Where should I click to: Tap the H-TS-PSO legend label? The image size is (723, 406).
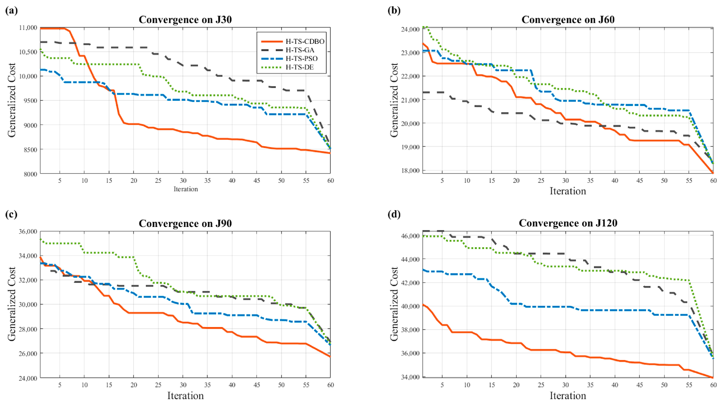coord(301,59)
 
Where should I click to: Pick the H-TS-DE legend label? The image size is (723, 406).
coord(299,67)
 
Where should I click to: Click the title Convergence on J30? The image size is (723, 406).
coord(185,20)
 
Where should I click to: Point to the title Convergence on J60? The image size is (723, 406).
coord(568,20)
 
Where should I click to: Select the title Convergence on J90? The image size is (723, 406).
coord(185,223)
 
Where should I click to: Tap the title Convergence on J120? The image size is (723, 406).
coord(568,223)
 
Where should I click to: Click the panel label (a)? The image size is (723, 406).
coord(11,11)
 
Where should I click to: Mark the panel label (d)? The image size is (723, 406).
coord(394,214)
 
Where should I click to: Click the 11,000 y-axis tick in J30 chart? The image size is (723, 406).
coord(28,28)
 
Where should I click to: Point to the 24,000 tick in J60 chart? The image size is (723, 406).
coord(410,29)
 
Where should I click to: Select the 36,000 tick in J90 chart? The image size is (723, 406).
coord(28,231)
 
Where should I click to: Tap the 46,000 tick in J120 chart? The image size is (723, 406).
coord(410,236)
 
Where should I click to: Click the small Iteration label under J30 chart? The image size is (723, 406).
coord(186,189)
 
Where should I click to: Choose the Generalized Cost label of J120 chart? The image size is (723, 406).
coord(394,304)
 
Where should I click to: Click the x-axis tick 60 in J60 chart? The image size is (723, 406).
coord(713,181)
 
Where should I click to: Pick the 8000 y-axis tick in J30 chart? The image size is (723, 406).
coord(30,174)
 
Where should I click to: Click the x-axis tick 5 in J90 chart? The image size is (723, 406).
coord(60,385)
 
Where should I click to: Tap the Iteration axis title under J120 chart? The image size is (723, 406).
coord(568,396)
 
